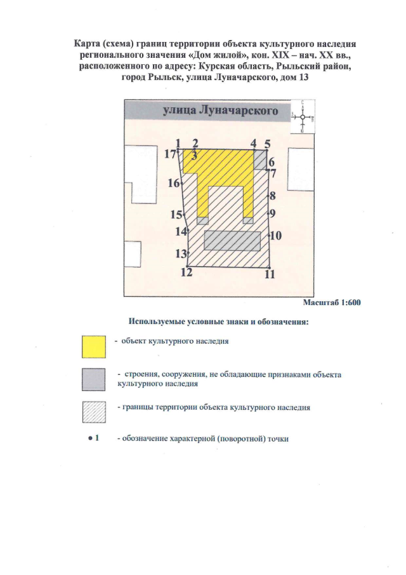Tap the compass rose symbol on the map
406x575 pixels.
click(x=304, y=117)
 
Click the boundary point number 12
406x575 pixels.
click(x=187, y=273)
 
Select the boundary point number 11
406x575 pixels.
click(x=270, y=274)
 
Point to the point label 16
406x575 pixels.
click(x=174, y=184)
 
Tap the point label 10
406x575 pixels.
click(x=276, y=236)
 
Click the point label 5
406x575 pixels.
click(x=267, y=144)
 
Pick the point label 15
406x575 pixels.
click(x=176, y=214)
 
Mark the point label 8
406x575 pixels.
click(x=272, y=196)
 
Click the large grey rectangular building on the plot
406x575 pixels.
click(x=233, y=241)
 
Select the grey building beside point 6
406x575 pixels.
click(x=260, y=159)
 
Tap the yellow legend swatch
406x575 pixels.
click(x=93, y=346)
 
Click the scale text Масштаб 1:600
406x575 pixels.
click(x=331, y=302)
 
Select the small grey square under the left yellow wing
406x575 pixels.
click(x=203, y=220)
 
